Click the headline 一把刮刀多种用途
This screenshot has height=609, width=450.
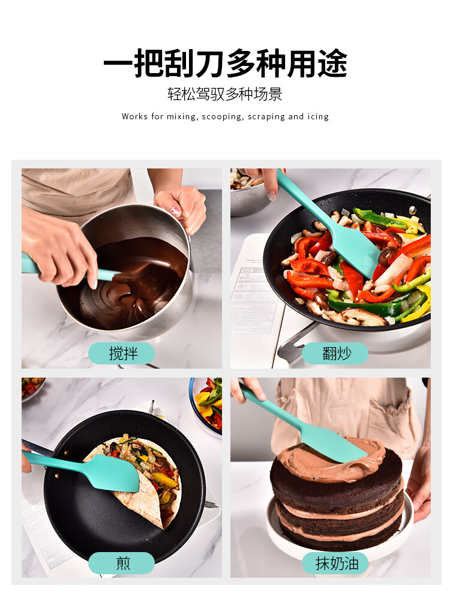[225, 64]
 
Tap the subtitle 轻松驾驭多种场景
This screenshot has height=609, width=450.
[225, 94]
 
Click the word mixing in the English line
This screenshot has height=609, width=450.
[181, 117]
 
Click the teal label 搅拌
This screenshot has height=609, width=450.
[122, 353]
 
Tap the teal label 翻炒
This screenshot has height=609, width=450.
[335, 353]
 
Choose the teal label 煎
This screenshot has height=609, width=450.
[122, 563]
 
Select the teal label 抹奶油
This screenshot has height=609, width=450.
[335, 563]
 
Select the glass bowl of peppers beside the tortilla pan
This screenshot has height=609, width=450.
[206, 404]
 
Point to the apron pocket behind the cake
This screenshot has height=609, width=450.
[393, 423]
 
